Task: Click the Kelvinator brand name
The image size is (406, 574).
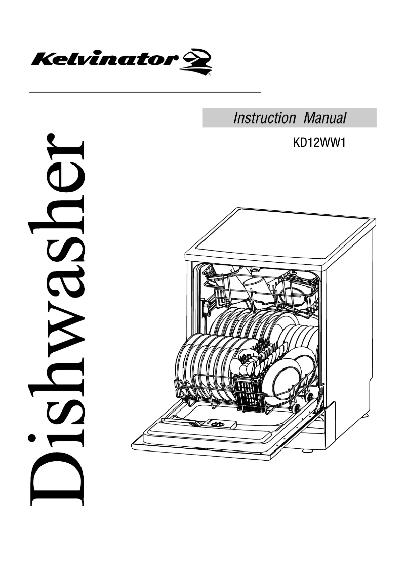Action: pos(103,60)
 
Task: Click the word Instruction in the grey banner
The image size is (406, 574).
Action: pos(264,118)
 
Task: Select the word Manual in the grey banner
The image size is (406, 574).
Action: pos(325,118)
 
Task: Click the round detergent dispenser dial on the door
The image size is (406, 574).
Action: pos(217,423)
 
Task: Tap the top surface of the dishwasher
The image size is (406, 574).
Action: pos(283,235)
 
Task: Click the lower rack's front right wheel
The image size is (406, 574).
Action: pos(296,406)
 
